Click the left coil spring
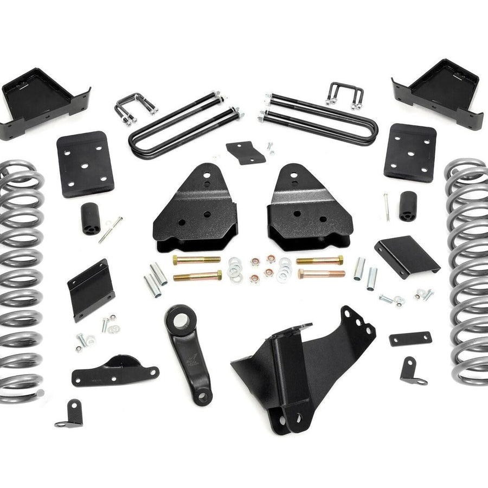click(21, 282)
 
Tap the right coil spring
click(467, 271)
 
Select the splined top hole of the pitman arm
click(177, 317)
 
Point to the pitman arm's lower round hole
click(203, 397)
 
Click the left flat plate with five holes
click(85, 164)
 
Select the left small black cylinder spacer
click(91, 219)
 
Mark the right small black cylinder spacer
click(408, 206)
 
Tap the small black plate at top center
click(246, 152)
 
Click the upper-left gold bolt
click(196, 260)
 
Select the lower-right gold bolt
click(321, 274)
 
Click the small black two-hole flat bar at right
click(410, 339)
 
